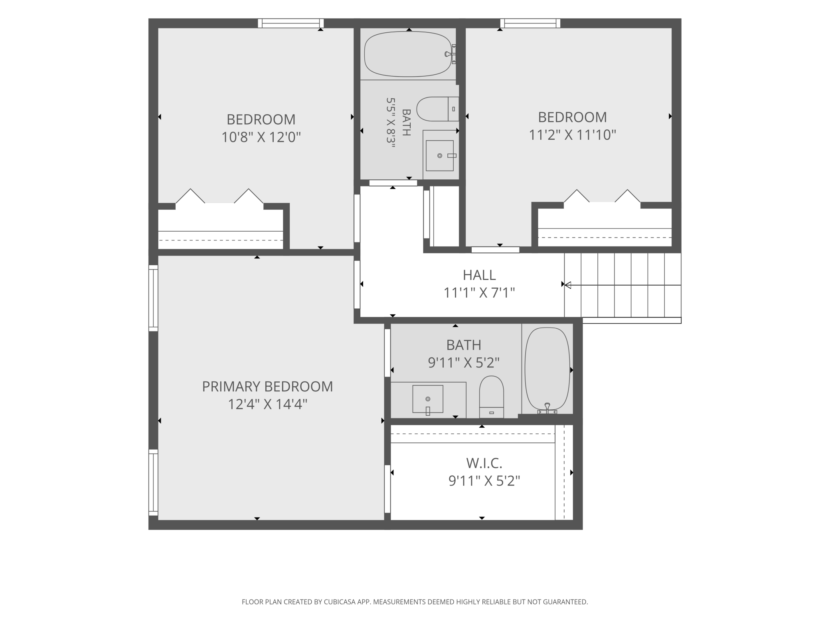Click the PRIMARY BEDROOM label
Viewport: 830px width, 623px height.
click(x=267, y=387)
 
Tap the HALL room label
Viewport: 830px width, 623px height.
click(x=479, y=275)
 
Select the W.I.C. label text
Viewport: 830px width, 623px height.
click(x=484, y=463)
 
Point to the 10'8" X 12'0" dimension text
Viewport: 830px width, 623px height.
click(x=261, y=137)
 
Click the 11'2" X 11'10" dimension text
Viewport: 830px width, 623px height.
click(x=572, y=135)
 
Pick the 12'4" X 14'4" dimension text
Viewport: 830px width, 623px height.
click(x=267, y=405)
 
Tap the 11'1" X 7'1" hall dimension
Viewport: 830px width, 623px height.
click(x=479, y=293)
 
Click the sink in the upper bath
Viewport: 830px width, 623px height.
click(x=440, y=155)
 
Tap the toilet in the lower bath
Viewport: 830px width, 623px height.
click(x=491, y=397)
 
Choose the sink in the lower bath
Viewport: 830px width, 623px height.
click(x=428, y=399)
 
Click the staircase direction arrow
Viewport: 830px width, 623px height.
click(x=623, y=285)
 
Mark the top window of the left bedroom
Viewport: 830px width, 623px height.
click(x=290, y=23)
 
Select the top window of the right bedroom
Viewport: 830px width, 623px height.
click(x=530, y=23)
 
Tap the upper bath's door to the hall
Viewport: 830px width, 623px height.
click(x=393, y=183)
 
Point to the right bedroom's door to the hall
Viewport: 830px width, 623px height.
click(x=495, y=250)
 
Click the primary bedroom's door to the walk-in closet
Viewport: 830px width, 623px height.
click(x=387, y=488)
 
